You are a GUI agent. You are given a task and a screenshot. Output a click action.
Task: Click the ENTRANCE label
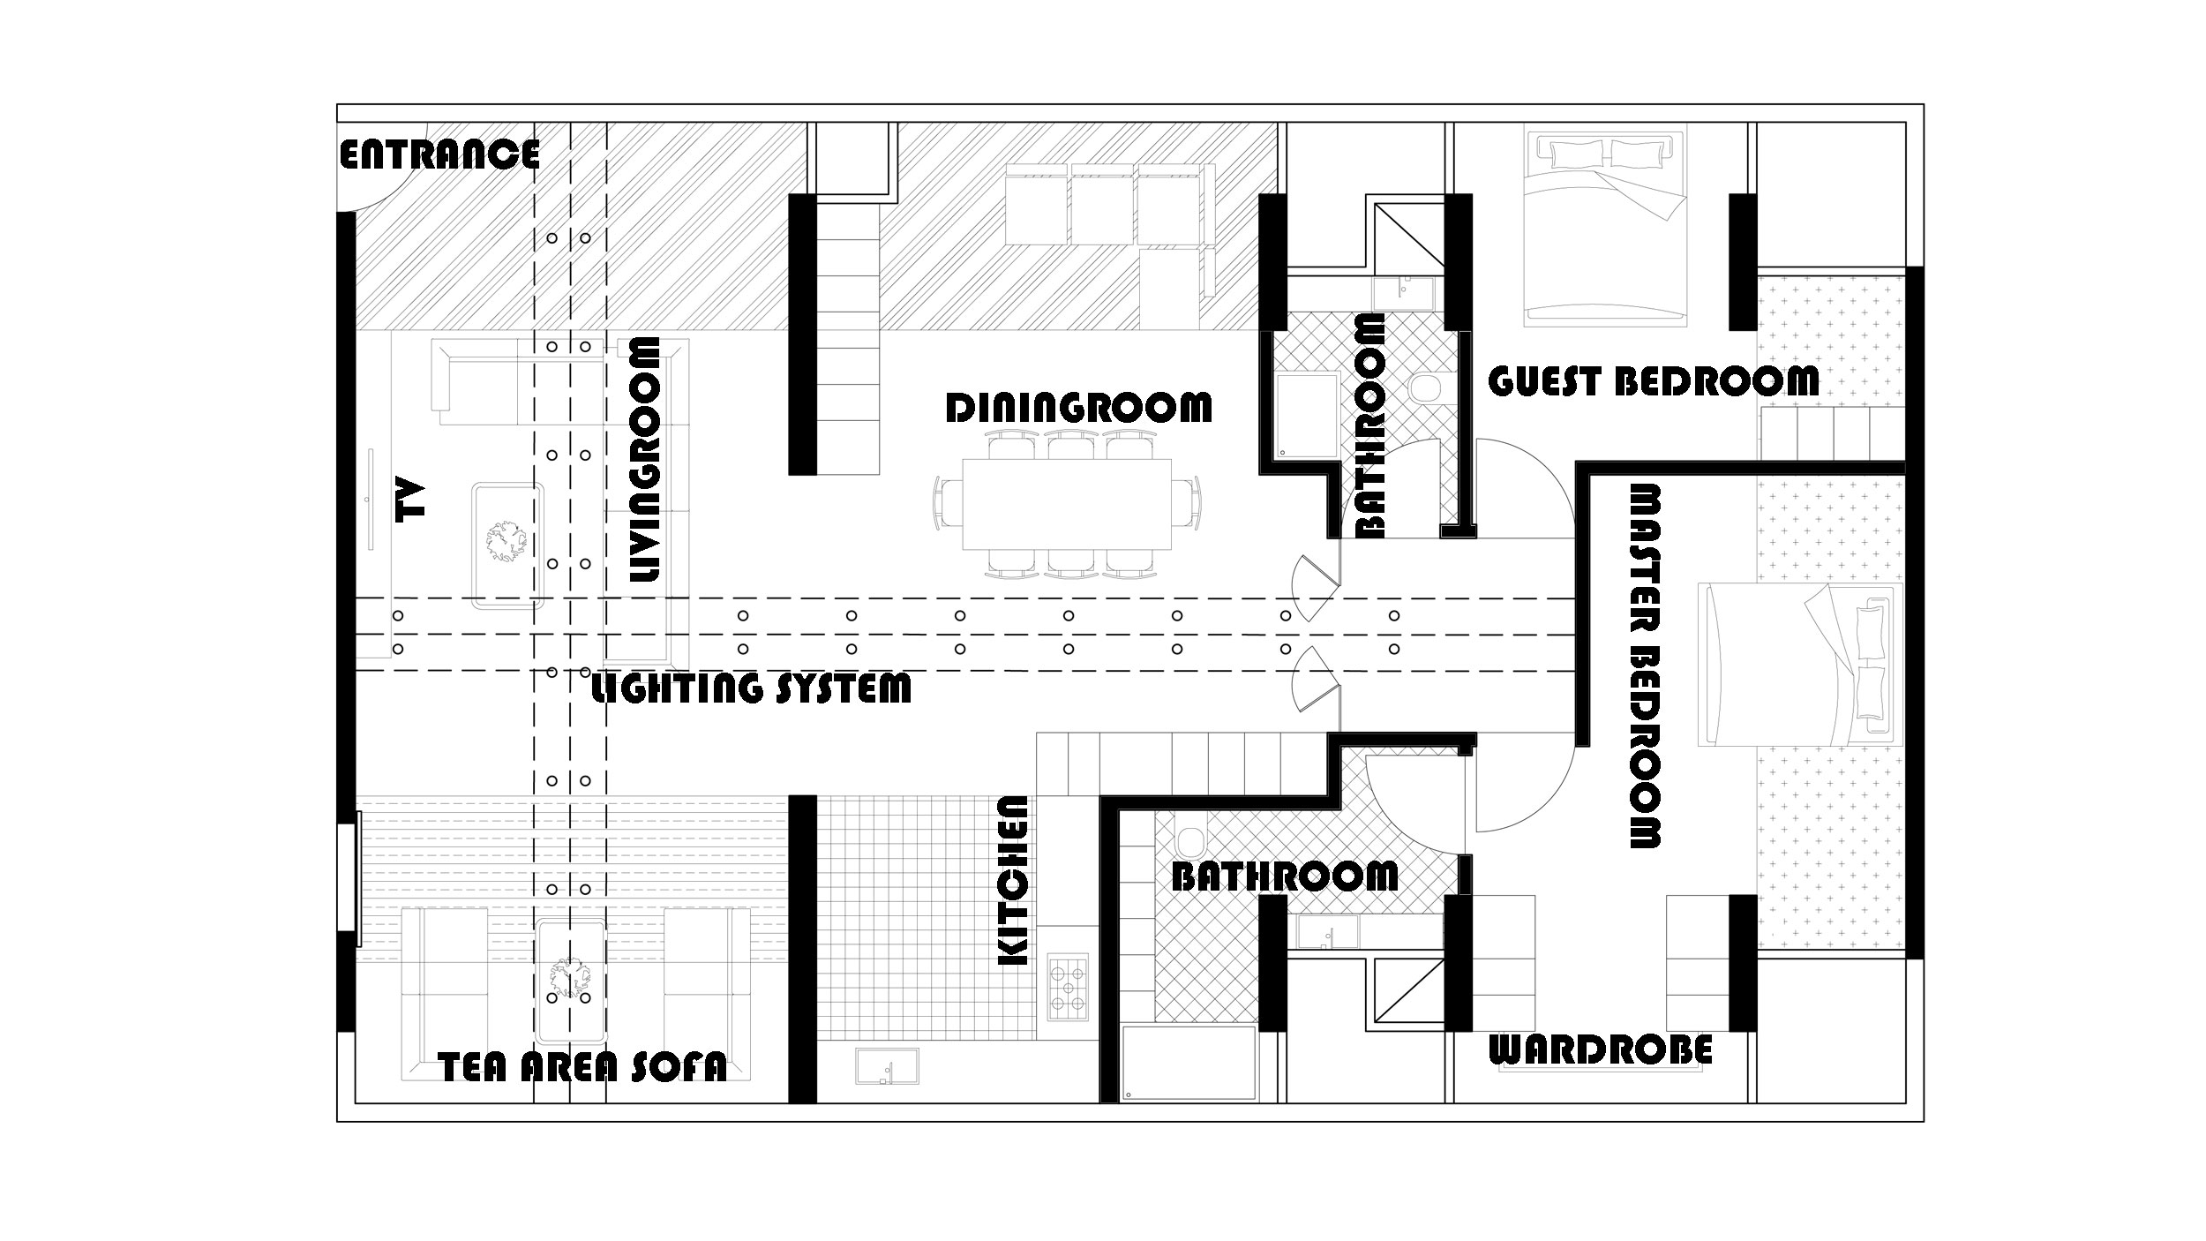[x=439, y=154]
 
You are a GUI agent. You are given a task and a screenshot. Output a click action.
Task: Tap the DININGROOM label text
[x=1078, y=408]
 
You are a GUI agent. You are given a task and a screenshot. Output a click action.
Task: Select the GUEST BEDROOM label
[x=1653, y=381]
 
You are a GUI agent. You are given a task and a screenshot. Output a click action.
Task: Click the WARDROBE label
[x=1601, y=1050]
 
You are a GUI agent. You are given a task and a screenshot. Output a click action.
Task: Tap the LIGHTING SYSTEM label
[x=750, y=688]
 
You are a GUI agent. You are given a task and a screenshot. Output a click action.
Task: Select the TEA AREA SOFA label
[x=582, y=1067]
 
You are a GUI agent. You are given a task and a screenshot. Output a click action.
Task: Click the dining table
[x=1066, y=503]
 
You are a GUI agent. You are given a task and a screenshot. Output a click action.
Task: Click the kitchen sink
[x=886, y=1066]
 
